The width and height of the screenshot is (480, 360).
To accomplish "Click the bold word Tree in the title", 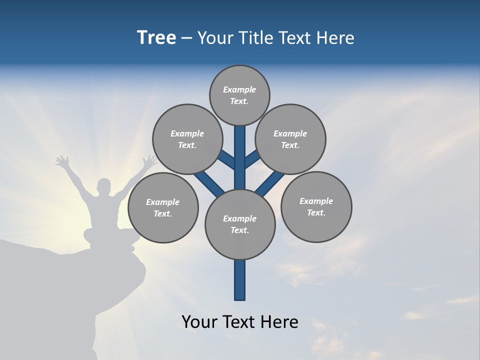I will click(156, 38).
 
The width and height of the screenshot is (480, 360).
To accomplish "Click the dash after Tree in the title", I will click(187, 38).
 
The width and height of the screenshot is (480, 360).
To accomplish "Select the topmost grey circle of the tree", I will click(239, 95).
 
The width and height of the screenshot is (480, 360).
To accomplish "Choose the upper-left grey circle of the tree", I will click(187, 139).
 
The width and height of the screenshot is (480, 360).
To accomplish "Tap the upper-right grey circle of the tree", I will click(290, 139).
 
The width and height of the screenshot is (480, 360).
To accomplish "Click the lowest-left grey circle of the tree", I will click(163, 207).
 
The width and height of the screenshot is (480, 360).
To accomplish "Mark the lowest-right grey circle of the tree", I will click(316, 206).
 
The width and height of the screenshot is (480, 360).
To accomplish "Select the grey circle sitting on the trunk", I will click(240, 224).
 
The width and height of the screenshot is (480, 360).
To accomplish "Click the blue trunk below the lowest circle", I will click(240, 280).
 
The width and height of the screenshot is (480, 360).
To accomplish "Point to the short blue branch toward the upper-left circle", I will click(227, 159).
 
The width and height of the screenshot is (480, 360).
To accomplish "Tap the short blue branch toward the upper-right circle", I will click(252, 159).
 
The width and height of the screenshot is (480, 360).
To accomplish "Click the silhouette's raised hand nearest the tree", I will click(148, 161).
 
